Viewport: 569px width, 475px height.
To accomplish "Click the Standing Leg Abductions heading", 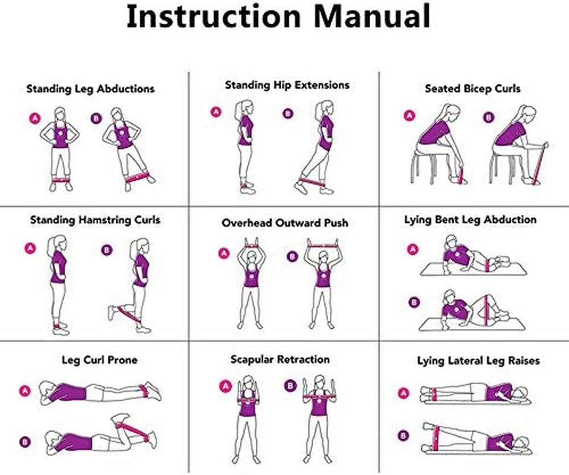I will (x=90, y=88).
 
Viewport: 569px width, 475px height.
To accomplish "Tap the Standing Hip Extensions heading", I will (x=287, y=85).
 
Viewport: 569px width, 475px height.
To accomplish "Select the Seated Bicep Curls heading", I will (x=472, y=88).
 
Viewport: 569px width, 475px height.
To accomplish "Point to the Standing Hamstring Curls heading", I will (x=95, y=220).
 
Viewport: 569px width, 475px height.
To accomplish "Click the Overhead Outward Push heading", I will (x=285, y=223).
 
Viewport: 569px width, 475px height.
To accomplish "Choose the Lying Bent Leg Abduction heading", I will (x=470, y=220).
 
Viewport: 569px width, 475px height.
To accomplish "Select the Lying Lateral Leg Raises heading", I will (x=478, y=360).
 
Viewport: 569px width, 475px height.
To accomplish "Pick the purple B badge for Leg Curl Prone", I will (x=24, y=441).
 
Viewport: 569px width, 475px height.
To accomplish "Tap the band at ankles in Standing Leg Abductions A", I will (x=61, y=179).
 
